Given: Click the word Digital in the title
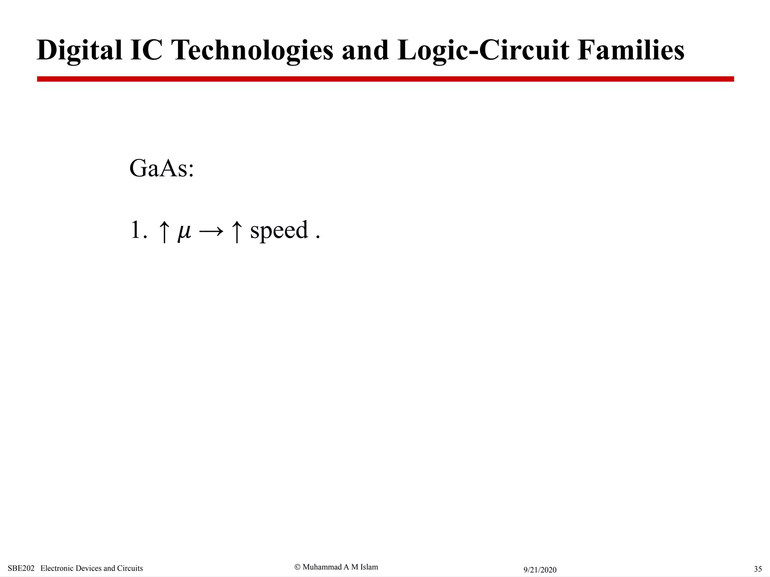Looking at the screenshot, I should [x=79, y=50].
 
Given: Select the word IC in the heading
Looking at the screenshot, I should [x=146, y=50].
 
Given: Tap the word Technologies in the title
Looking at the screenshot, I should [x=252, y=50].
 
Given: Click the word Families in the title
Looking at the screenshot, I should [x=631, y=50].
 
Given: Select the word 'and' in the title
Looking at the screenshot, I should [x=365, y=51].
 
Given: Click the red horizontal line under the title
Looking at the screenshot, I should [x=385, y=79].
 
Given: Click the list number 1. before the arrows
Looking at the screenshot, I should [x=138, y=230].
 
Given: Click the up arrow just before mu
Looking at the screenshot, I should [x=164, y=231].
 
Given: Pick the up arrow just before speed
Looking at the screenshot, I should [x=236, y=231].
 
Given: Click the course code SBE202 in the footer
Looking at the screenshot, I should [x=21, y=568].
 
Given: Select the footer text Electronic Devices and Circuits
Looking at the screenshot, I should [x=92, y=568].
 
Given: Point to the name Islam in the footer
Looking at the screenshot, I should [x=369, y=567].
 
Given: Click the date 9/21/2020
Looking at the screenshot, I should [x=540, y=570].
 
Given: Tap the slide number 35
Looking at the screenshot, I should [x=758, y=569].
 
